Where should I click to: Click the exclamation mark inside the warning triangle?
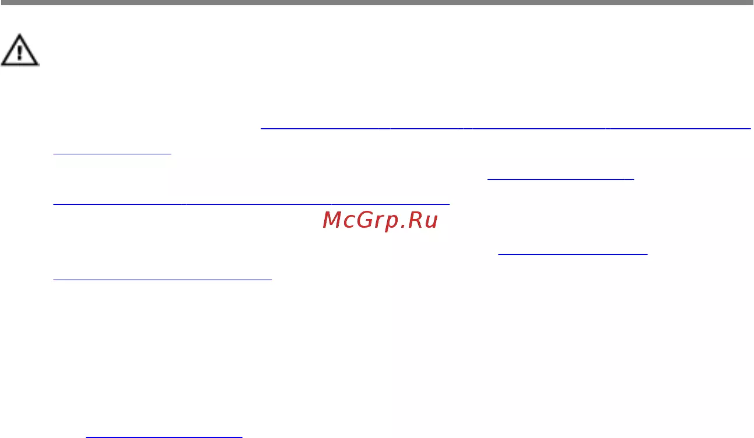(x=19, y=53)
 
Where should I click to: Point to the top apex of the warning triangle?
(x=19, y=34)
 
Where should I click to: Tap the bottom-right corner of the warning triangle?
(x=38, y=64)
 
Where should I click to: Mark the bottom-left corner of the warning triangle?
(x=1, y=64)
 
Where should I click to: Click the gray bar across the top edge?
(x=377, y=2)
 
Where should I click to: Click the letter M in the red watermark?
(x=332, y=220)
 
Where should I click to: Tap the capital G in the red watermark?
(x=365, y=220)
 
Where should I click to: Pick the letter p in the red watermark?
(x=391, y=224)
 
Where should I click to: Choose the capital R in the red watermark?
(x=415, y=220)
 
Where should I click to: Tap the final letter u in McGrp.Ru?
(x=431, y=222)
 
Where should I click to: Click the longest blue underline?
(x=506, y=128)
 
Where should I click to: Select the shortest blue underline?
(x=112, y=154)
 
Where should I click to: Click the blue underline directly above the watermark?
(x=251, y=204)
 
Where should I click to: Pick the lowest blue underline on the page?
(x=164, y=437)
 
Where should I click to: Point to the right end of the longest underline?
(x=751, y=128)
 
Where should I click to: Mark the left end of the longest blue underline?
(x=261, y=128)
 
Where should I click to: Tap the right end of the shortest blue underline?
(x=171, y=154)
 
